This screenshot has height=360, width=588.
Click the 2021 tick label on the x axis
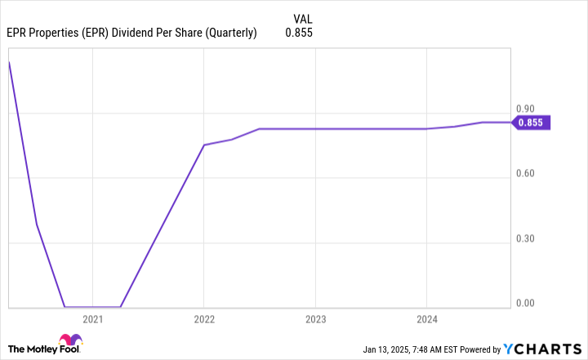coord(93,319)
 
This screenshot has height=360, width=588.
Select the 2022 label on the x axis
coord(204,319)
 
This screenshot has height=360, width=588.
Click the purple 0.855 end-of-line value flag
coord(532,122)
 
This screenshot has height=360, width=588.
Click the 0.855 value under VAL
coord(299,33)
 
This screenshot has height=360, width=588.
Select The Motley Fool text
coord(30,348)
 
